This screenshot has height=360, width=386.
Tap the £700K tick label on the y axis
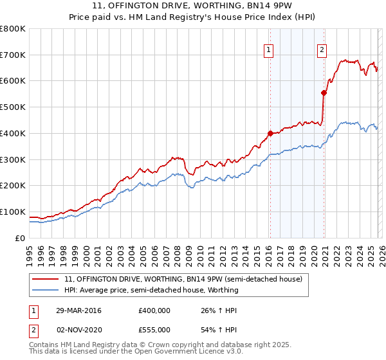13,55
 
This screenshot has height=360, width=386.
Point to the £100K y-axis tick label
13,212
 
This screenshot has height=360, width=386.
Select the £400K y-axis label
13,133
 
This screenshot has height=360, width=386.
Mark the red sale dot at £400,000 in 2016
270,133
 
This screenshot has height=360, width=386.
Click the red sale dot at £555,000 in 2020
324,93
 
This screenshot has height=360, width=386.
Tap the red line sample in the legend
46,279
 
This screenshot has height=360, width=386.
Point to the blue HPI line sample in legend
46,290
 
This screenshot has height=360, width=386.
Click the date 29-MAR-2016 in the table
78,311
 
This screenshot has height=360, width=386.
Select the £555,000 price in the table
154,329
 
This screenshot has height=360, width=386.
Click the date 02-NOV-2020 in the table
78,329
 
